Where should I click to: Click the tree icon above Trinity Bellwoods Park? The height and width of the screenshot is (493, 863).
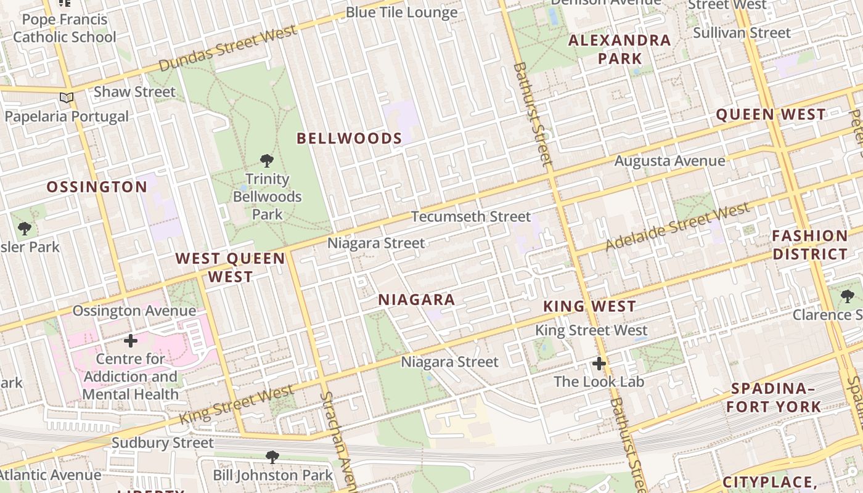click(x=266, y=161)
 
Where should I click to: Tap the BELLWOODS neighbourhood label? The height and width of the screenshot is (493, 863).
click(x=349, y=139)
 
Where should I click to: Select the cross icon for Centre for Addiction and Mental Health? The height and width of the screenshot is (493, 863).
click(x=131, y=341)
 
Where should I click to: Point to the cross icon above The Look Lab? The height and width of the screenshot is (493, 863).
click(x=599, y=364)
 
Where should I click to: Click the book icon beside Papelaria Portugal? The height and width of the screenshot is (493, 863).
click(x=67, y=98)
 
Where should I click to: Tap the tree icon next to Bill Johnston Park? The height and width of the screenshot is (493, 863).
click(x=272, y=457)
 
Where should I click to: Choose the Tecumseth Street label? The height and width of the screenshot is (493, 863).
click(x=470, y=216)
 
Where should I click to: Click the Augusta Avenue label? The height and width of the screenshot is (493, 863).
click(x=669, y=161)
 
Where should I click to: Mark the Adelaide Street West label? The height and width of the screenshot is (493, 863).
click(x=677, y=226)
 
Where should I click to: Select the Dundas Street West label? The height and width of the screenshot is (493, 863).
click(x=228, y=49)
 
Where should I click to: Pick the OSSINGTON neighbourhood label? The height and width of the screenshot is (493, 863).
click(x=97, y=187)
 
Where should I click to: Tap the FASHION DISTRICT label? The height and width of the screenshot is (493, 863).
click(x=810, y=245)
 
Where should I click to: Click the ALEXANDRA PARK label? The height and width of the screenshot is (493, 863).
click(x=619, y=49)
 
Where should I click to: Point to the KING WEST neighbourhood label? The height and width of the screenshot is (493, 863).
click(x=589, y=306)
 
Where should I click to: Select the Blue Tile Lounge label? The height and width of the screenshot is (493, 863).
click(x=401, y=12)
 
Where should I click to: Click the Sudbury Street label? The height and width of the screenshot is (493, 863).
click(x=162, y=442)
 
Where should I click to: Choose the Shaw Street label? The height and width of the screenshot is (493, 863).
click(x=134, y=92)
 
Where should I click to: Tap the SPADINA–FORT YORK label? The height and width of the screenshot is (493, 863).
click(x=773, y=397)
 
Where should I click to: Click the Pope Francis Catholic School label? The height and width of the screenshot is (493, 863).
click(x=64, y=28)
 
